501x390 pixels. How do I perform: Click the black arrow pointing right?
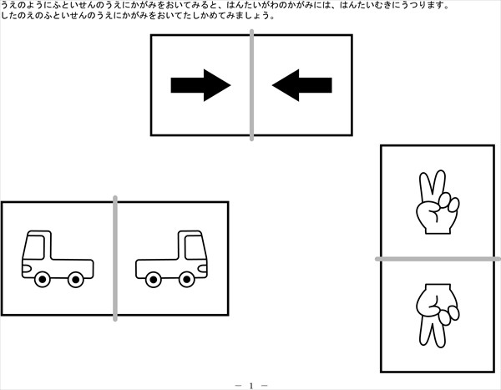click(x=200, y=85)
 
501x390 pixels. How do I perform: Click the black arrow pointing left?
click(x=302, y=85)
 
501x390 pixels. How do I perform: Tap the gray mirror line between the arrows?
click(x=252, y=85)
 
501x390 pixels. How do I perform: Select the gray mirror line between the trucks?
click(x=115, y=258)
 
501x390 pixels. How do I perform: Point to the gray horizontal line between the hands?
click(x=438, y=259)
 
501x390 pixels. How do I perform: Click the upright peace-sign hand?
click(x=437, y=202)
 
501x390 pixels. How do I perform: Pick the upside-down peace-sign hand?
click(x=437, y=316)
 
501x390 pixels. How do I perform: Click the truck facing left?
click(x=58, y=259)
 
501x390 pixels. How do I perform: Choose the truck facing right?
click(x=171, y=259)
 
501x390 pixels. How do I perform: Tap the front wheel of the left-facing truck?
click(x=43, y=280)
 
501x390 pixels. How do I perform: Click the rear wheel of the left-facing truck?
click(x=76, y=280)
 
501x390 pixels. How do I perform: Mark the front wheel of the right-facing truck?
click(x=187, y=280)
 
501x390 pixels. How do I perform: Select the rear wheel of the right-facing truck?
click(x=154, y=280)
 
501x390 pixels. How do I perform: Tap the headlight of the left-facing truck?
click(x=27, y=269)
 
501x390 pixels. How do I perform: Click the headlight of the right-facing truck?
click(x=203, y=269)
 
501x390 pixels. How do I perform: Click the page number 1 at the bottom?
click(x=251, y=386)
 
